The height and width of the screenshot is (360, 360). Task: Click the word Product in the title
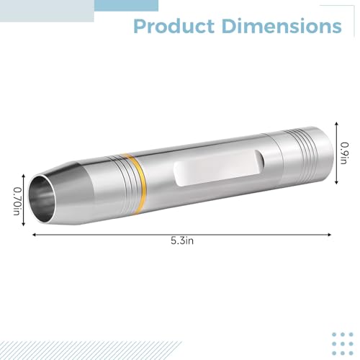coord(174,26)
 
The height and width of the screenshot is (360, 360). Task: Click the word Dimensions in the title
coord(282,26)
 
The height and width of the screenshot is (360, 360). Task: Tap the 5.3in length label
coord(182,240)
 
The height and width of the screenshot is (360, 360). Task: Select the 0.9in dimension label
coord(344,153)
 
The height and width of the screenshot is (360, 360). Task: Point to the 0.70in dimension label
coord(17,201)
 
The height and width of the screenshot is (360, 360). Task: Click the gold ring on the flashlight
coord(138,184)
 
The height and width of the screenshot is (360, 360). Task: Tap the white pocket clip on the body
coord(218,168)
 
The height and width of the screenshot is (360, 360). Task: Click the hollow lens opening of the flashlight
coord(42,198)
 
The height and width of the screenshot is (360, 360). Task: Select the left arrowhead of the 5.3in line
coord(34,235)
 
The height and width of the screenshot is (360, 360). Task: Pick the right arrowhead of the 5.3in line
coord(330,235)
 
